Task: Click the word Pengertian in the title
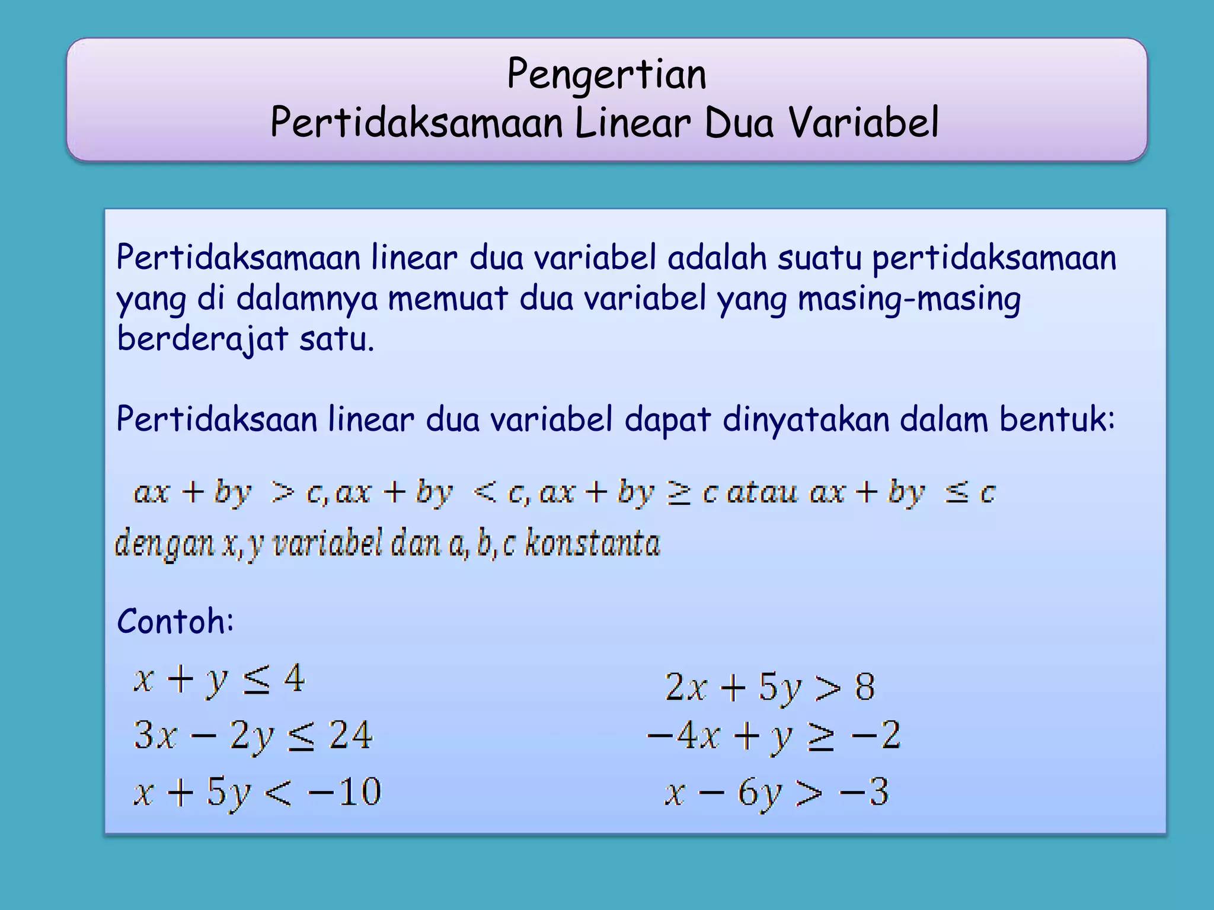click(606, 75)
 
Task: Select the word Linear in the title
click(632, 123)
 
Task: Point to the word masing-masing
click(909, 299)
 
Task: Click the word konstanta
click(592, 543)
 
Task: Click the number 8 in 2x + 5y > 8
click(864, 687)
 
